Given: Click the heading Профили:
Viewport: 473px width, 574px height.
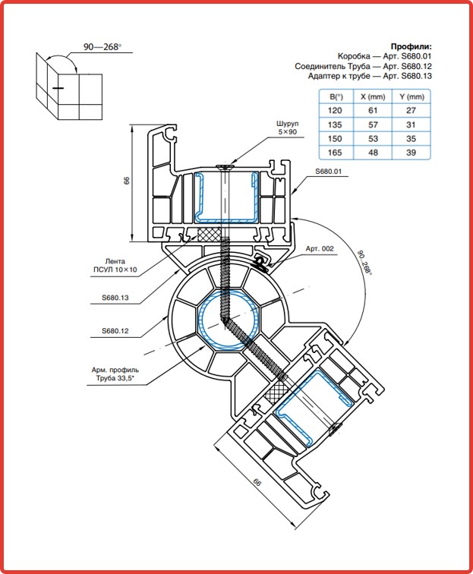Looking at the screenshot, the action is click(412, 46).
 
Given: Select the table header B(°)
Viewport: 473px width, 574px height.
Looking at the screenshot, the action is click(336, 97).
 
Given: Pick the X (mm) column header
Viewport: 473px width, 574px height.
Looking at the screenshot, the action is click(373, 97).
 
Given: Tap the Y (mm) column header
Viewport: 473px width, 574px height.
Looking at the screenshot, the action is click(412, 97).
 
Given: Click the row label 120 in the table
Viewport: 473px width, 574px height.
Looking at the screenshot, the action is click(335, 111).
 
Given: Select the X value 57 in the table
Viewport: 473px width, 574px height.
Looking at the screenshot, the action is click(373, 125).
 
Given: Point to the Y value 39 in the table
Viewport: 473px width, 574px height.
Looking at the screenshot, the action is click(412, 153).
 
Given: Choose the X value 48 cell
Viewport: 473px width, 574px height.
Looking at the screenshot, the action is click(373, 153).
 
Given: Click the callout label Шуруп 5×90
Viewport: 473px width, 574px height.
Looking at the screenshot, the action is click(288, 128).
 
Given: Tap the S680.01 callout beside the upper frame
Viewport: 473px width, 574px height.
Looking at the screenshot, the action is click(329, 172).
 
